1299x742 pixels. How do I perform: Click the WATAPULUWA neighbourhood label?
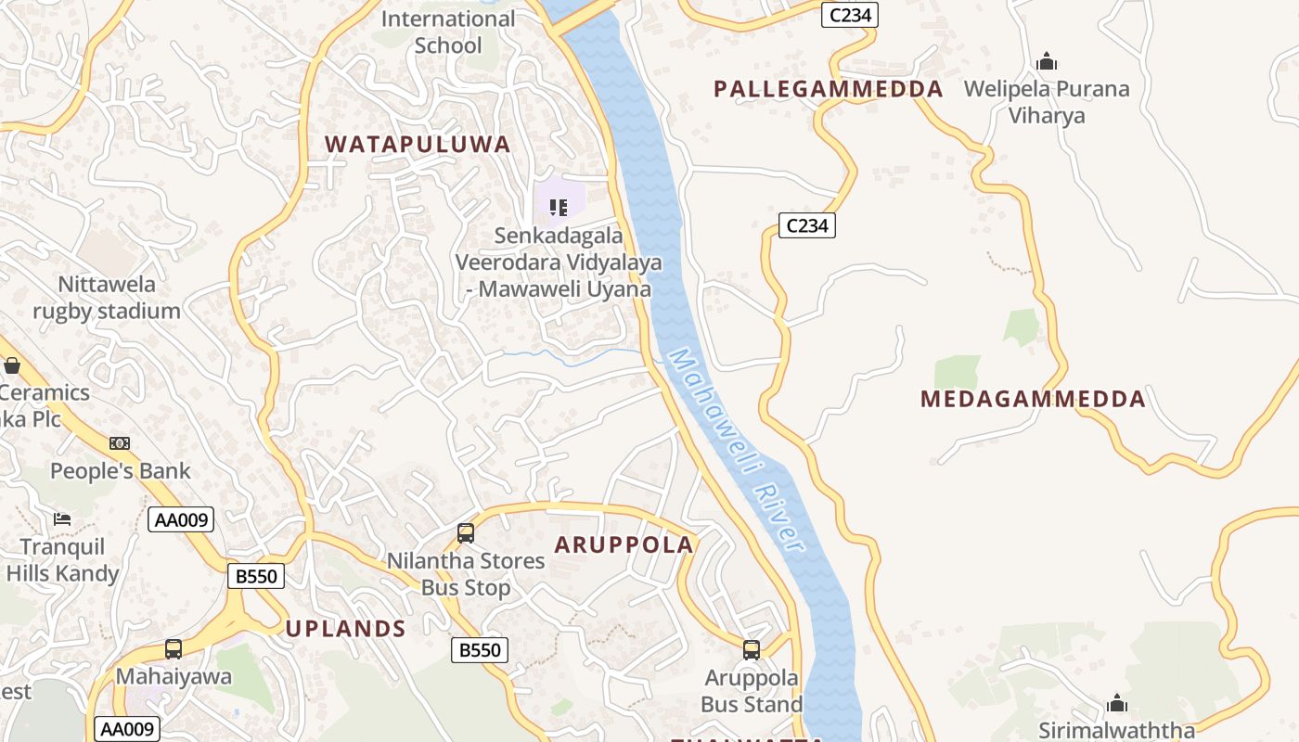pyautogui.click(x=418, y=144)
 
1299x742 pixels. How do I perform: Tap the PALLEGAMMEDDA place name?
pyautogui.click(x=828, y=89)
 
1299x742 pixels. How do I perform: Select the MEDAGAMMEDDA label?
pyautogui.click(x=1033, y=399)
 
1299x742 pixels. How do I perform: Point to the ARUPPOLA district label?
pyautogui.click(x=624, y=544)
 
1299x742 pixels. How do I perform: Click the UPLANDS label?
pyautogui.click(x=345, y=628)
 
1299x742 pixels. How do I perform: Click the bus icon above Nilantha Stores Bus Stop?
pyautogui.click(x=466, y=533)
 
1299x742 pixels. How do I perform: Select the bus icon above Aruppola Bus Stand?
pyautogui.click(x=752, y=650)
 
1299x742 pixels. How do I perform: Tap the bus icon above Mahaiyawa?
pyautogui.click(x=174, y=649)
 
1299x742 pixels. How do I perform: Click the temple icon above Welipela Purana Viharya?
pyautogui.click(x=1047, y=62)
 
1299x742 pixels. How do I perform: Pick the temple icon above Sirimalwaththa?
pyautogui.click(x=1117, y=702)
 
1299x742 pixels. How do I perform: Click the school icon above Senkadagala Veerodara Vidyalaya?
pyautogui.click(x=559, y=207)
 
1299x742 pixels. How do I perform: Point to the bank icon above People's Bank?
pyautogui.click(x=120, y=443)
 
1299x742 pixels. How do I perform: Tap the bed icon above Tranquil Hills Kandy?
pyautogui.click(x=62, y=518)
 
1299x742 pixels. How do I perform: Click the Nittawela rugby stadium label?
pyautogui.click(x=107, y=297)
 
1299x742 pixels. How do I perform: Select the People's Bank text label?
pyautogui.click(x=120, y=470)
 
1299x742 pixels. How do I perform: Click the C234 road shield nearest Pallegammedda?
pyautogui.click(x=849, y=15)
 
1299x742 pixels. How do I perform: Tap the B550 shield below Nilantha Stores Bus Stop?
pyautogui.click(x=480, y=650)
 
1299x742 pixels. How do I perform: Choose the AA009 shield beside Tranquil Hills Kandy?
pyautogui.click(x=181, y=519)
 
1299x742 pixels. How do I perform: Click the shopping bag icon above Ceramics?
pyautogui.click(x=12, y=365)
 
